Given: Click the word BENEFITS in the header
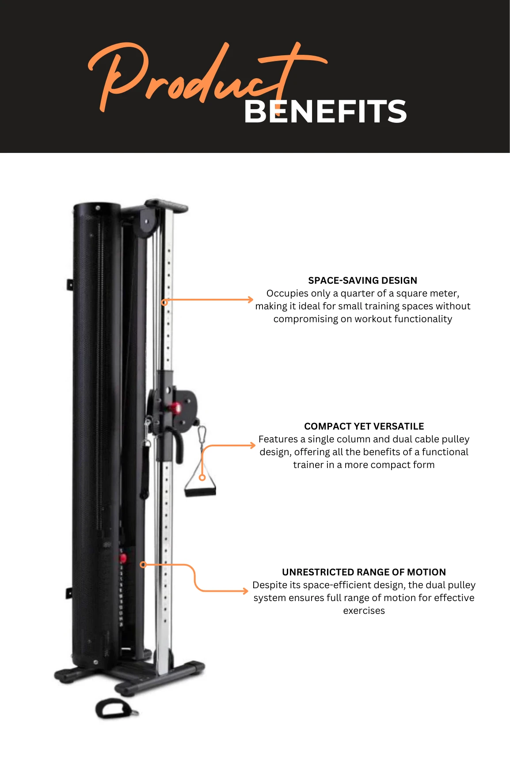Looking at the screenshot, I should tap(325, 111).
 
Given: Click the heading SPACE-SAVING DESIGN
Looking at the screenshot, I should tap(362, 280).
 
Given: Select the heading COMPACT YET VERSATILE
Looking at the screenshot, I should tap(364, 426).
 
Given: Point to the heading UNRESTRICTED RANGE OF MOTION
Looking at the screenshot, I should tap(364, 572).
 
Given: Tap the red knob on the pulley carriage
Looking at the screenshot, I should tap(176, 407).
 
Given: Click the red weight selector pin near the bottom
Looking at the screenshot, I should tap(123, 558).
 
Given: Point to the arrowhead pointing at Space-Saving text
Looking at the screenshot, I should tap(250, 300).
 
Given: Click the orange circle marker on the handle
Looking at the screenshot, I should tap(202, 477).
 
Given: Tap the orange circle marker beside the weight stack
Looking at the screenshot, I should tap(143, 564).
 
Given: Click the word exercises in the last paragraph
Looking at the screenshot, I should tap(364, 611).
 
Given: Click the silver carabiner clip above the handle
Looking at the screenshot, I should tap(202, 434).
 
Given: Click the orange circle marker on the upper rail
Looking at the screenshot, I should tap(164, 302).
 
